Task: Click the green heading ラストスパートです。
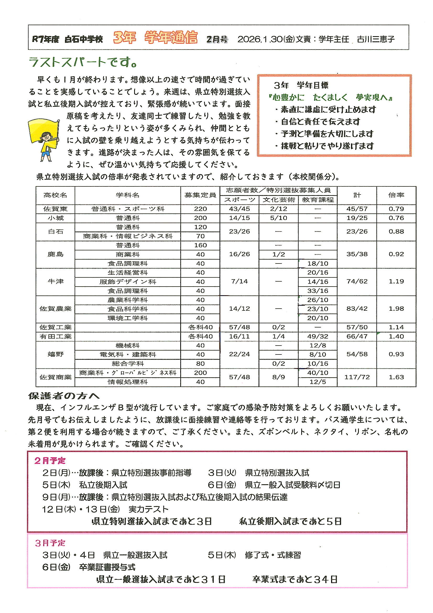click(x=83, y=62)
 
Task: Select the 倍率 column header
click(x=396, y=195)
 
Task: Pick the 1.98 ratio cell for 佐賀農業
click(x=396, y=309)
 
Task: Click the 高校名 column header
click(x=55, y=195)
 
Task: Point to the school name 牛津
click(x=55, y=281)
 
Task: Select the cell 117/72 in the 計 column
click(x=357, y=377)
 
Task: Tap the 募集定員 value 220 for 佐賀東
click(x=200, y=209)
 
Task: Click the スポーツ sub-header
click(x=239, y=200)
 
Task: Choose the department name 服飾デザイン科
click(x=128, y=282)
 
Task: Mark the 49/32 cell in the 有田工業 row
click(x=317, y=336)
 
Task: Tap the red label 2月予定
click(x=50, y=461)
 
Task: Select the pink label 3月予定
click(x=50, y=543)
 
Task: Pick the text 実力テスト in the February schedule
click(x=148, y=509)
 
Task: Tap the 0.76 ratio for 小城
click(x=396, y=218)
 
